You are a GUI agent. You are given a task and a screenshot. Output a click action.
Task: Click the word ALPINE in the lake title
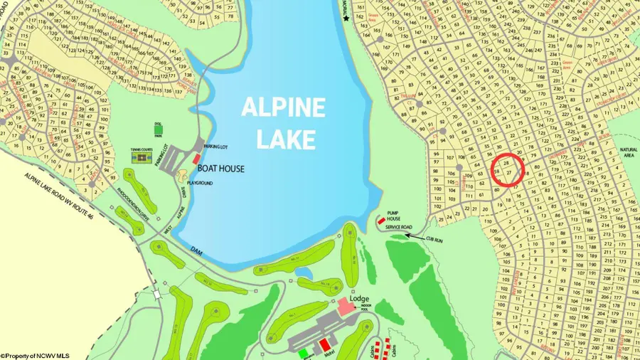click(x=283, y=107)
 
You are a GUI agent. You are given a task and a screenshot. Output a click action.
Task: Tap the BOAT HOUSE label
click(x=220, y=169)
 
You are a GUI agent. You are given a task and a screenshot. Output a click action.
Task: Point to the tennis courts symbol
click(x=142, y=158)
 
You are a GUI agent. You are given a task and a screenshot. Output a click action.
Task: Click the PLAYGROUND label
click(x=199, y=183)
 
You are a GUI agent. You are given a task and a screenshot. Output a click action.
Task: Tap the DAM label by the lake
click(x=196, y=250)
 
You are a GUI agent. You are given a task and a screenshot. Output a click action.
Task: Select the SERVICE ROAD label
click(x=399, y=227)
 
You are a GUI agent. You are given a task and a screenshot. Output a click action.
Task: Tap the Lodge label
click(x=359, y=298)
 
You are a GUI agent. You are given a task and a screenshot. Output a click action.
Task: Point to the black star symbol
click(x=346, y=17)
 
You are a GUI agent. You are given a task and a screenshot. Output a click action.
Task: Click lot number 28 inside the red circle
click(x=506, y=163)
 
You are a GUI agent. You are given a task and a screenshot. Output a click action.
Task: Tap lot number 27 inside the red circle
click(x=509, y=173)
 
